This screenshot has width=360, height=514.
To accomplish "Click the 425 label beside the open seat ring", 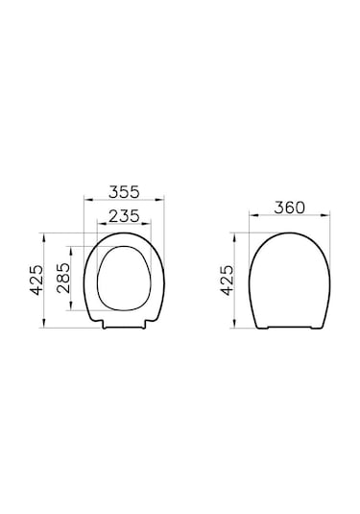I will click(x=36, y=280).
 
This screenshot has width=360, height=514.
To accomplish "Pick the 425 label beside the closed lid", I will click(x=228, y=280).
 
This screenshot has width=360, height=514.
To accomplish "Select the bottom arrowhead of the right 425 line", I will click(x=237, y=329).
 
